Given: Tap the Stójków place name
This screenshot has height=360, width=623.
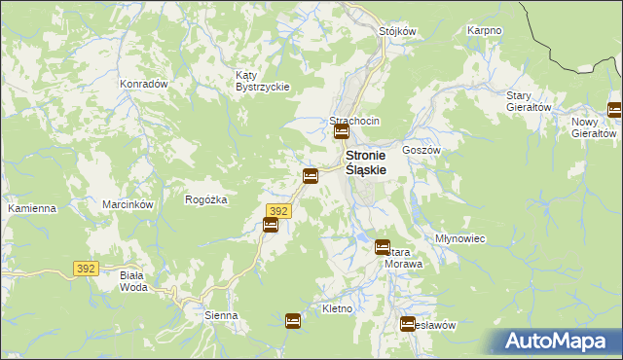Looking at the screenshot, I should click(397, 30).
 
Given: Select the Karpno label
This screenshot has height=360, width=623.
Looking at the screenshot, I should click(484, 30).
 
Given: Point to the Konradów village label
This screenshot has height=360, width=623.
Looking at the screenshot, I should click(143, 84).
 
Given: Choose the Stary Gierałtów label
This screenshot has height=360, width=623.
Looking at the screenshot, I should click(530, 101).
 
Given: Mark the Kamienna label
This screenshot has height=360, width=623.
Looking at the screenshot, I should click(32, 208).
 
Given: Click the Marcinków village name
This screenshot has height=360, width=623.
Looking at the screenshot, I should click(128, 204).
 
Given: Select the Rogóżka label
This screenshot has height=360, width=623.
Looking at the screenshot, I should click(205, 199).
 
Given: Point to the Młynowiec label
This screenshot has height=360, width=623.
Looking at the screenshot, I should click(460, 238).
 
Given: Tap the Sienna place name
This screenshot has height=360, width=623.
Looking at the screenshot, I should click(221, 316).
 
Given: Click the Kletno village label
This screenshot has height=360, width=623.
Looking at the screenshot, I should click(337, 308).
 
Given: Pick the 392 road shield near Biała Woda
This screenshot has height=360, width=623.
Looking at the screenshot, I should click(86, 268).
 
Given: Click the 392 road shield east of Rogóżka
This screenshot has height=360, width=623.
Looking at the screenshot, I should click(277, 210).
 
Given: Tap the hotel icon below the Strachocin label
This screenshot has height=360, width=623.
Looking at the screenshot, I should click(342, 132).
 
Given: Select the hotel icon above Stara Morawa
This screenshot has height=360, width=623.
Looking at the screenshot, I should click(383, 247).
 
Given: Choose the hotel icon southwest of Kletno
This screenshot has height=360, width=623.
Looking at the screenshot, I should click(293, 320).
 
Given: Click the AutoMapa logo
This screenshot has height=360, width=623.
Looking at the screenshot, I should click(559, 342).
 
